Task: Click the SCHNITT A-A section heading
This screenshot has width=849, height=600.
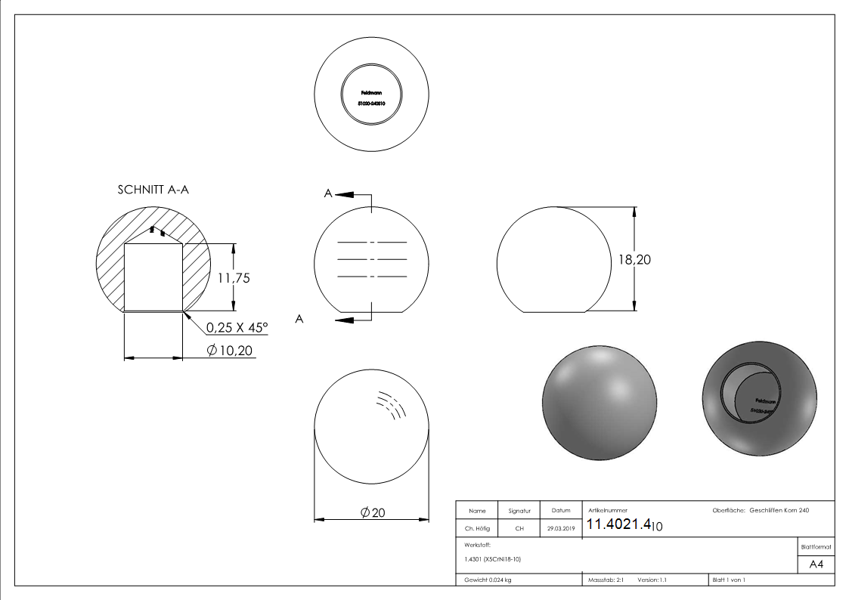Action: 153,190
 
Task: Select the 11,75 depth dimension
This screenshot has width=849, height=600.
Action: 234,277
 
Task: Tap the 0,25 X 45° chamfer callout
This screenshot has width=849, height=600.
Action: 237,327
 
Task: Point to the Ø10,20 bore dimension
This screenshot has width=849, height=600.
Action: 231,350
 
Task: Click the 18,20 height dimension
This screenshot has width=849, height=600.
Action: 634,259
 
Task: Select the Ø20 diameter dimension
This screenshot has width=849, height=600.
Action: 373,512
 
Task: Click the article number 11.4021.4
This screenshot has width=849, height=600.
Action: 619,524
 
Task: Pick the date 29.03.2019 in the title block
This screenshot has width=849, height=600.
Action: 560,529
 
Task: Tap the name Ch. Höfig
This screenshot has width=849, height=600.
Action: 476,529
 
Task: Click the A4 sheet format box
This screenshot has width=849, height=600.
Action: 816,564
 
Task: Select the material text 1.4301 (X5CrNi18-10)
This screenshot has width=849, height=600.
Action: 493,559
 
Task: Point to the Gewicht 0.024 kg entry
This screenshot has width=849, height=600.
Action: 488,580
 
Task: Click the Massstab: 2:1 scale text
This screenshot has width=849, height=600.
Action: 606,580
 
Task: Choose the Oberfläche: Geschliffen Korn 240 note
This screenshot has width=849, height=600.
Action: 761,511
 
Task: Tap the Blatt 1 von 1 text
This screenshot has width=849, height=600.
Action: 728,580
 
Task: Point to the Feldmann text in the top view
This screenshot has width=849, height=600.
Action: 371,93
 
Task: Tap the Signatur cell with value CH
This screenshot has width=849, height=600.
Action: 519,529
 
